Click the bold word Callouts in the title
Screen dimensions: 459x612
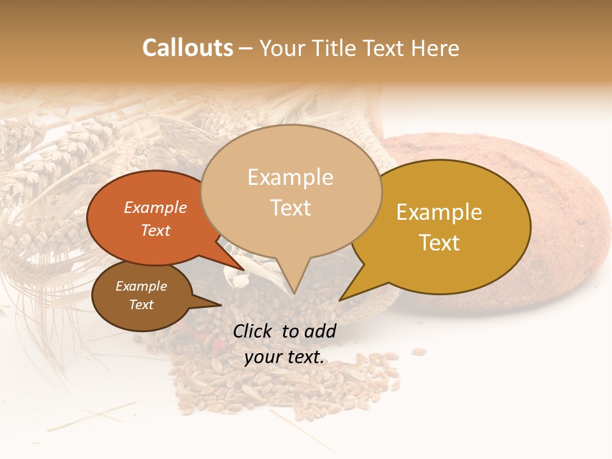pos(187,48)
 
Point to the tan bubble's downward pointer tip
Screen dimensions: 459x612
pos(294,293)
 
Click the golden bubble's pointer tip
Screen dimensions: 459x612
pos(339,300)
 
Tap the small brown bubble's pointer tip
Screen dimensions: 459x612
pos(221,305)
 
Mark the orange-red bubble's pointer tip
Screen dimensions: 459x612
pos(244,270)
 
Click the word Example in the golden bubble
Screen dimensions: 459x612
pos(439,212)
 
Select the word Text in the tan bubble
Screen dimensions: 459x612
pos(291,208)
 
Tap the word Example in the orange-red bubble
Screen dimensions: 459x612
pos(155,207)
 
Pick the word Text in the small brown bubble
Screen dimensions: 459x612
pos(142,305)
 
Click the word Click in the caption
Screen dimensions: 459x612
pos(254,331)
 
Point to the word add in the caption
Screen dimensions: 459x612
pos(320,331)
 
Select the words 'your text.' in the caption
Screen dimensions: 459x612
pos(284,356)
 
